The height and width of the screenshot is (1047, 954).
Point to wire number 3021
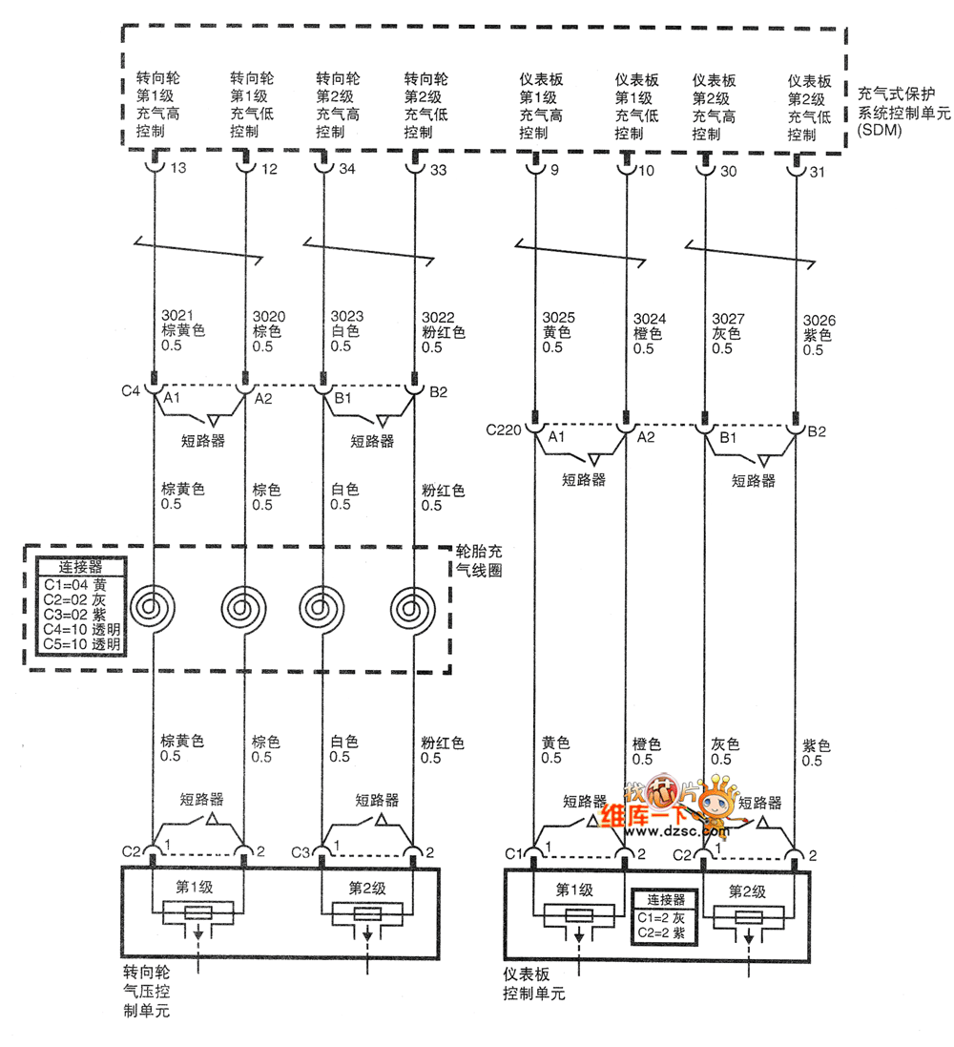(177, 317)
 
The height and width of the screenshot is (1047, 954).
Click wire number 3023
(346, 317)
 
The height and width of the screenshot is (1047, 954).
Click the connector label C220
(503, 430)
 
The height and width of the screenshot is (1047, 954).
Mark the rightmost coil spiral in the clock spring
(414, 606)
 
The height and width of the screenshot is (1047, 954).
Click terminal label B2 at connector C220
(817, 432)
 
